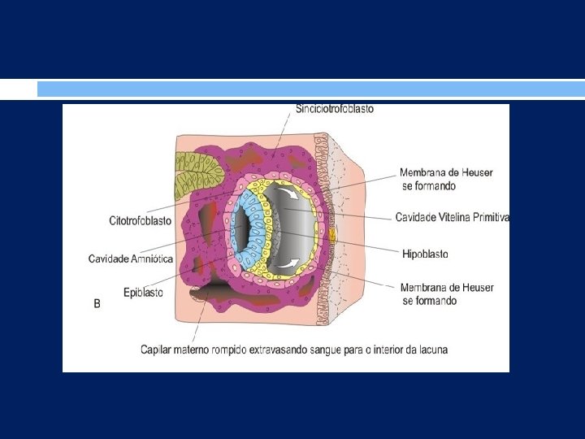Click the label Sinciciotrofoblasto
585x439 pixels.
coord(335,109)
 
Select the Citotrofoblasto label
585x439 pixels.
coord(140,220)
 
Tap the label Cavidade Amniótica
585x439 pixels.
coord(131,259)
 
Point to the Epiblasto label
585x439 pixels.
coord(143,292)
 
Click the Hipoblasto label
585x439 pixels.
coord(425,254)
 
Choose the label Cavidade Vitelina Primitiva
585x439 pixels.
coord(453,217)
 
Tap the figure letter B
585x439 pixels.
coord(97,304)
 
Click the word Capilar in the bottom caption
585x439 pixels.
coord(157,350)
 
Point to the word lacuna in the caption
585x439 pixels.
coord(430,350)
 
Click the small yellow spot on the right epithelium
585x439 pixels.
coord(331,236)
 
